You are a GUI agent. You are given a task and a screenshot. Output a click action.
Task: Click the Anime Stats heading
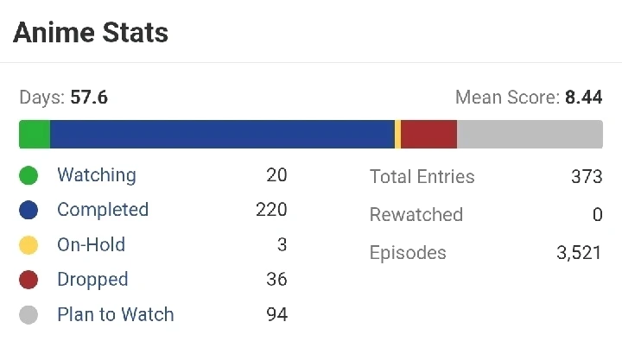point(91,33)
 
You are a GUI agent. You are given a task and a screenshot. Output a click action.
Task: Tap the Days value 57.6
point(89,98)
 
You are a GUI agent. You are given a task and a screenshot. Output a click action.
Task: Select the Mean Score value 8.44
point(583,98)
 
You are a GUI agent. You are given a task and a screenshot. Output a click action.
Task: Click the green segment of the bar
point(35,135)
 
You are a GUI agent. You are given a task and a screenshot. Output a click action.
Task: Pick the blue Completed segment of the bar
point(222,135)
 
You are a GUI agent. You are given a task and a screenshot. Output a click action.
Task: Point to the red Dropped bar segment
point(428,135)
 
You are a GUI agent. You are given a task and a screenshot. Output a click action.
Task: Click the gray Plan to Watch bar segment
point(530,135)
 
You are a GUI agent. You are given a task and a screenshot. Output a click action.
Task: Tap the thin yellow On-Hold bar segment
point(397,135)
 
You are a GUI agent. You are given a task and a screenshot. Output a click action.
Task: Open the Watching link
point(97,175)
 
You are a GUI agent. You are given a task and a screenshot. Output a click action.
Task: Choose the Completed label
point(103,210)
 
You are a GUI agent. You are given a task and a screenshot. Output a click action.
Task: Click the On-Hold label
point(91,245)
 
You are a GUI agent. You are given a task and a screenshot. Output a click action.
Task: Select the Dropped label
point(92,280)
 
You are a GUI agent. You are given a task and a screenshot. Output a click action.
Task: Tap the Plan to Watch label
point(116,314)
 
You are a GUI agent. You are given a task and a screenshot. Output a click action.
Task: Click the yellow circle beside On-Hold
point(29,245)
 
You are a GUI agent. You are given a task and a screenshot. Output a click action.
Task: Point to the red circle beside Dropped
point(29,280)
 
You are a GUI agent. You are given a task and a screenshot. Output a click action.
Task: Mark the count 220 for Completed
point(271,210)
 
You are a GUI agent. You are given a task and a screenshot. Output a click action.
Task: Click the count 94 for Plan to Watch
point(276,314)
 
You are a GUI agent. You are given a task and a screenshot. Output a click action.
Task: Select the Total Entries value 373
point(587,177)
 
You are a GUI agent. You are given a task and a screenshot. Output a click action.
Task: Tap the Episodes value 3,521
point(580,253)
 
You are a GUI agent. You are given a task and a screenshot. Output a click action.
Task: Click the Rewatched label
point(416,215)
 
